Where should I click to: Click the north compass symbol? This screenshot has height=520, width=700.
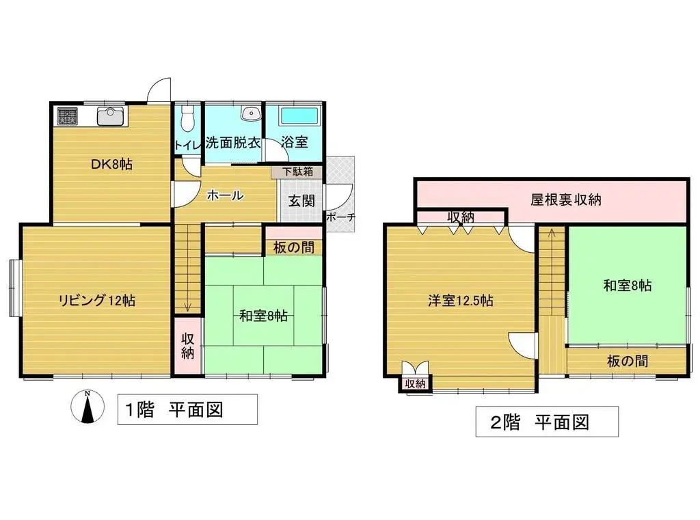[x=87, y=407]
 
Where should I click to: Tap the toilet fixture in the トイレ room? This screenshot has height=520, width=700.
[x=188, y=118]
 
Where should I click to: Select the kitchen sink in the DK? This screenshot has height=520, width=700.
[x=109, y=117]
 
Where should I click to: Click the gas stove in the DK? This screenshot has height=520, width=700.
[x=68, y=116]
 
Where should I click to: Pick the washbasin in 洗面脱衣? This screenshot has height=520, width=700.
[x=251, y=113]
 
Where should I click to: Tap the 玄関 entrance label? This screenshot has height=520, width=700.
[x=301, y=202]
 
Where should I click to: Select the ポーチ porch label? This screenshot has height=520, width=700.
[x=340, y=218]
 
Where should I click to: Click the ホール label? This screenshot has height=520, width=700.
[x=225, y=195]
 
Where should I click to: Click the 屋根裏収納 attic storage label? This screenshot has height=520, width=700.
[x=565, y=200]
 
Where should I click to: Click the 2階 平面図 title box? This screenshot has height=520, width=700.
[x=547, y=422]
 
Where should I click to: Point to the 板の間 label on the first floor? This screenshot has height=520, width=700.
[x=293, y=247]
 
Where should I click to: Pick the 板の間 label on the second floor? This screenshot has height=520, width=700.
[x=628, y=360]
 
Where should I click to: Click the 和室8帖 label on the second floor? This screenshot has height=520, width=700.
[x=627, y=285]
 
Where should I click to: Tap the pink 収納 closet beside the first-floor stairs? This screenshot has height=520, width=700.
[x=188, y=345]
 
